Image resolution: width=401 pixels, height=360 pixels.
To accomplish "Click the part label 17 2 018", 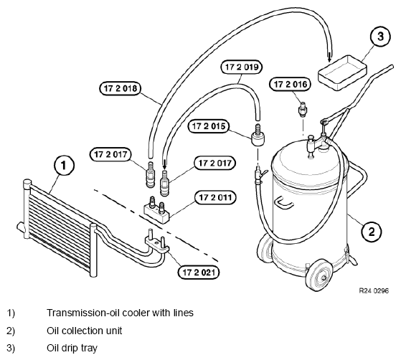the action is pos(121,88).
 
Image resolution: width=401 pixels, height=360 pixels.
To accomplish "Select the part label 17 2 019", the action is pos(242,67).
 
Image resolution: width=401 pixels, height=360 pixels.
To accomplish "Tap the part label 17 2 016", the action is pos(291,85).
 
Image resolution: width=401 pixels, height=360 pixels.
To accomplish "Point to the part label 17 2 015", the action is pos(209,126).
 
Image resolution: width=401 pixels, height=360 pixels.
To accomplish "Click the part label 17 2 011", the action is pos(215,197).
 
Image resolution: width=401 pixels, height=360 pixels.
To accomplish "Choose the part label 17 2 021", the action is pos(199,273).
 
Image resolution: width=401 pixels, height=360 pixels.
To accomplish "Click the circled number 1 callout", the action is pos(64,165).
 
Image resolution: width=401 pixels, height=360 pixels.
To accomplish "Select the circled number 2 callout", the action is pos(372,232).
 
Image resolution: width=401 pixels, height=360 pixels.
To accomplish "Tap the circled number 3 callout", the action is pos(380,36).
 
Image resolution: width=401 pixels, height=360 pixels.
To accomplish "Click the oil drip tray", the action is pos(342,73).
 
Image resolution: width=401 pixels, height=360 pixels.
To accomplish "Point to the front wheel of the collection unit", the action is pos(320,275).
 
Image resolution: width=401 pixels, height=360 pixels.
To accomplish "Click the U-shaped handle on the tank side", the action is pos(283,202).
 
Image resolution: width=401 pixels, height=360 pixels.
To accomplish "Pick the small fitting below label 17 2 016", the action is pos(303,109).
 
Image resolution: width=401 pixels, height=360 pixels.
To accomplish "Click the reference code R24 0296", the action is pos(374,290).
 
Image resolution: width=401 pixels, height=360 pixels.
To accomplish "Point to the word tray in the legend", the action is pos(89,349).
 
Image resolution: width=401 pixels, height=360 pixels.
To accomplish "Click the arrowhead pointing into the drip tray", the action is pos(330,60).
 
